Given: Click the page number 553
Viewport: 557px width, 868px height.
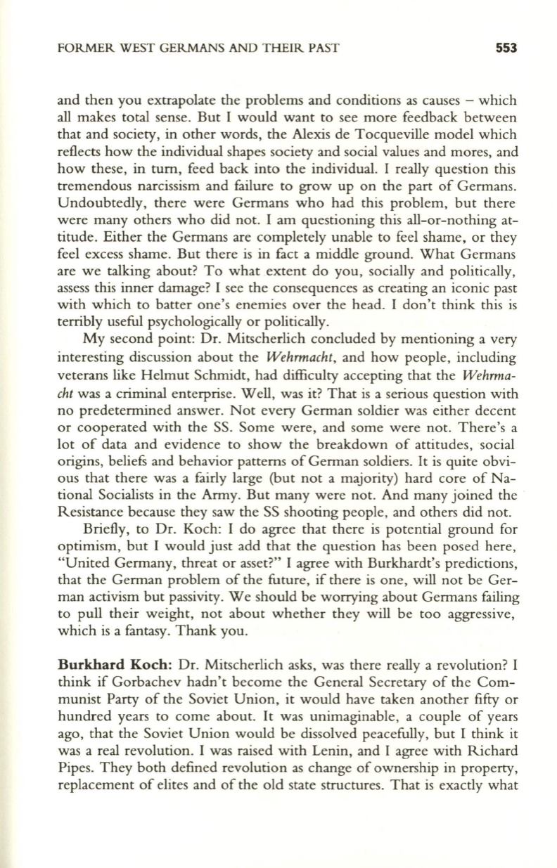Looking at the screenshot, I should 504,48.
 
